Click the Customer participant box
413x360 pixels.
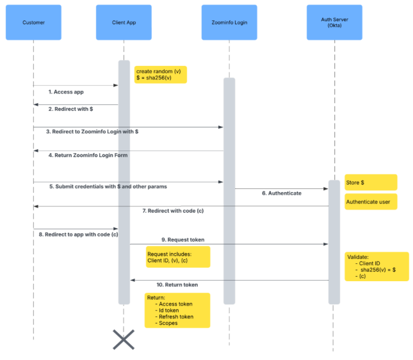33,22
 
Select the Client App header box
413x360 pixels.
124,22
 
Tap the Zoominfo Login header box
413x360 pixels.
229,22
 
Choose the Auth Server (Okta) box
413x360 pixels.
334,22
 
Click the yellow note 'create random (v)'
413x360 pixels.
160,74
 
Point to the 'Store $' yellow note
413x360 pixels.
371,183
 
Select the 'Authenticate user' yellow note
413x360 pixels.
371,202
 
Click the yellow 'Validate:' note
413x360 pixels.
376,266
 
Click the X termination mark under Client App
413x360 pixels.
124,339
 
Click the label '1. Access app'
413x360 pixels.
66,92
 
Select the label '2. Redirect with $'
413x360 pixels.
70,110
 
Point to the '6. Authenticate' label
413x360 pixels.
281,193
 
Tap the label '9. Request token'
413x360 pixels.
183,240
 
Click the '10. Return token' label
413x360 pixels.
177,284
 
